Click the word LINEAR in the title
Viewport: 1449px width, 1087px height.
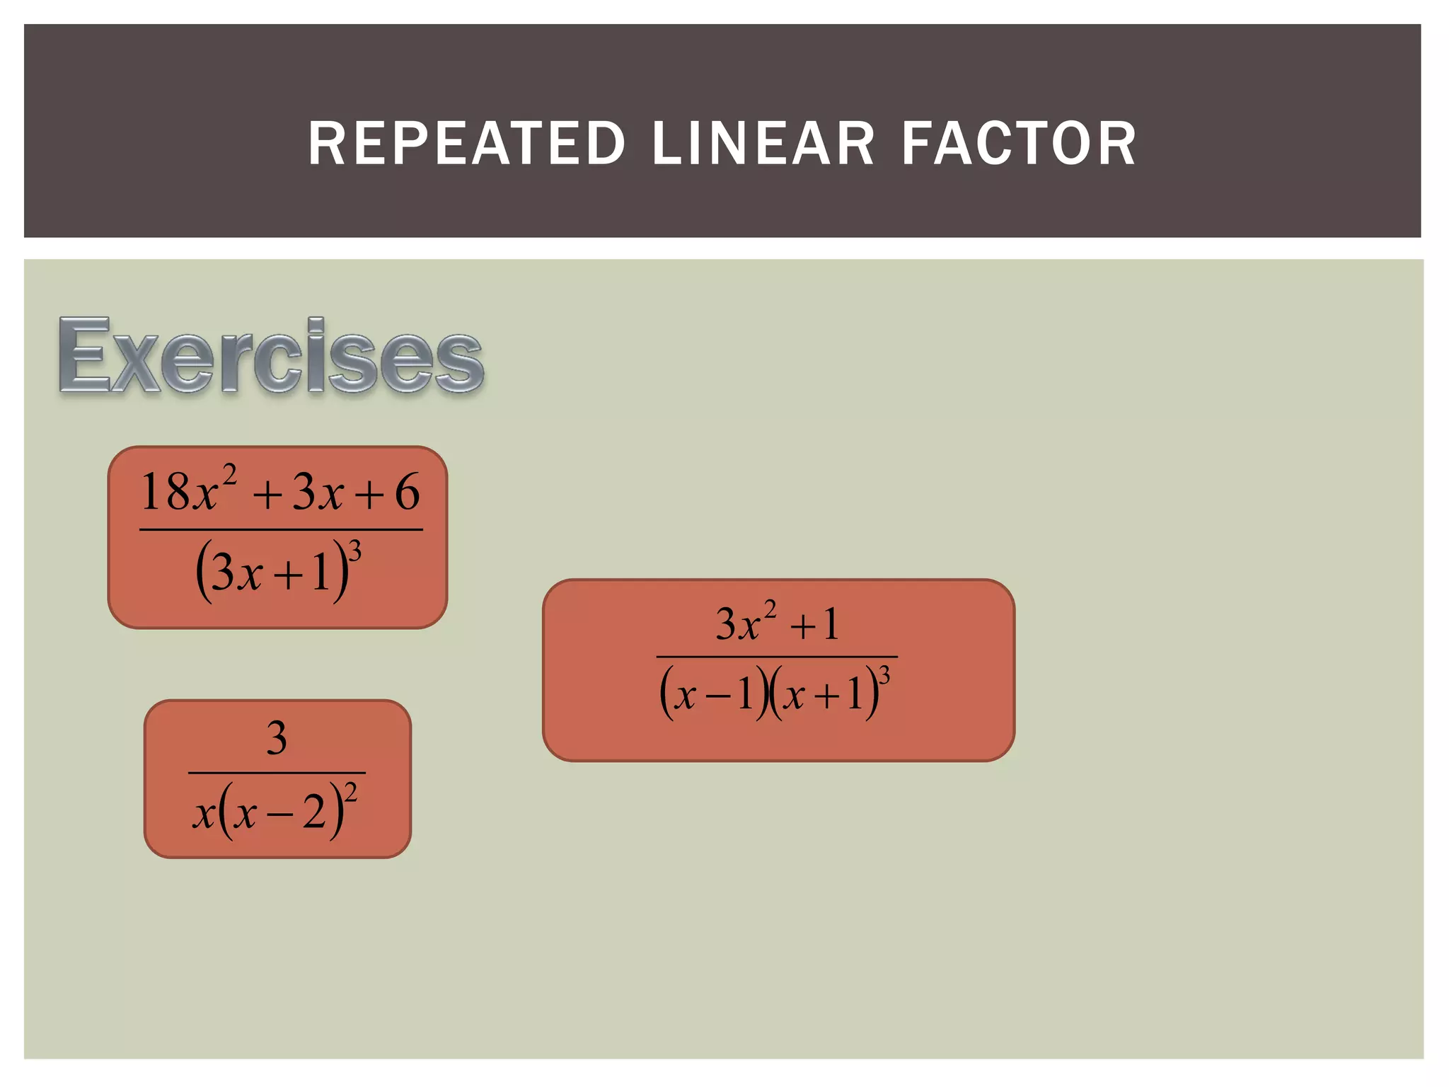pyautogui.click(x=763, y=144)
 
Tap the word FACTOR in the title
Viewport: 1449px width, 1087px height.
pyautogui.click(x=1019, y=144)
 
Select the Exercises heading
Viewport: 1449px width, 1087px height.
pyautogui.click(x=271, y=356)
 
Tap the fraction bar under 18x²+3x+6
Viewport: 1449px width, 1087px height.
pyautogui.click(x=281, y=529)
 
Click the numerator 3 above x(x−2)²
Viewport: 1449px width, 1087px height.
pyautogui.click(x=277, y=737)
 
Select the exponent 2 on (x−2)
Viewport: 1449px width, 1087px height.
pyautogui.click(x=351, y=792)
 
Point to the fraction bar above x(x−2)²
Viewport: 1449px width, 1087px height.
pyautogui.click(x=277, y=772)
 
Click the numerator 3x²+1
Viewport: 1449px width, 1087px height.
pyautogui.click(x=777, y=623)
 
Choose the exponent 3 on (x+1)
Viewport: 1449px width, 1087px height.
pyautogui.click(x=884, y=676)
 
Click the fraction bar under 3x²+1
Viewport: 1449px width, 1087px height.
pyautogui.click(x=777, y=657)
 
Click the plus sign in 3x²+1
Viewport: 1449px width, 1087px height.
pyautogui.click(x=802, y=627)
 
